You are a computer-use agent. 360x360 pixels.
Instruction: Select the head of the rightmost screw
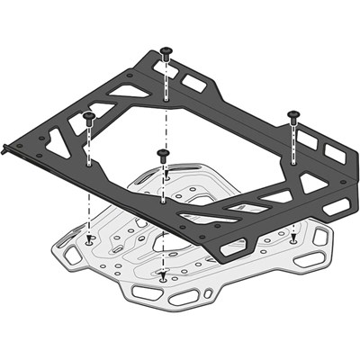coord(293,113)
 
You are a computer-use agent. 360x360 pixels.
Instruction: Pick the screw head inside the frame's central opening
coord(163,154)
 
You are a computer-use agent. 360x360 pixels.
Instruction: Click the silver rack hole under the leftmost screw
coord(90,238)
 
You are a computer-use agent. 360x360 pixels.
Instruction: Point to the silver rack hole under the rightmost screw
coord(293,238)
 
